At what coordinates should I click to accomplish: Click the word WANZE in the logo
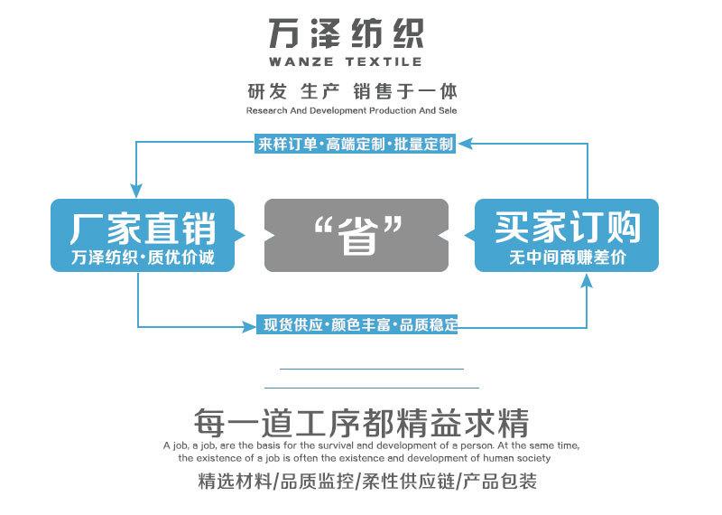[x=301, y=61]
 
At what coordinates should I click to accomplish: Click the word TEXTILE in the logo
[x=384, y=61]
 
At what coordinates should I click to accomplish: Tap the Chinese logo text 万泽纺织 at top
[x=347, y=33]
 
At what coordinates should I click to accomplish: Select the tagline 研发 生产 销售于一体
[x=352, y=91]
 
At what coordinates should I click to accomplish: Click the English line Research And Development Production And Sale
[x=351, y=110]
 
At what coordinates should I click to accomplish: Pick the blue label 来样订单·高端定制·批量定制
[x=356, y=144]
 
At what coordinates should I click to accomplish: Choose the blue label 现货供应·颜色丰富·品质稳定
[x=357, y=324]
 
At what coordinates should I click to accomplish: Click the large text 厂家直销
[x=143, y=229]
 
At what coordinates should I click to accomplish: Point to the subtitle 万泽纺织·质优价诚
[x=143, y=257]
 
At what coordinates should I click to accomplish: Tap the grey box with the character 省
[x=356, y=235]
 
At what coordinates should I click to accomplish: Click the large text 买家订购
[x=568, y=228]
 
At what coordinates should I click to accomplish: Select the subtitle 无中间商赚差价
[x=568, y=257]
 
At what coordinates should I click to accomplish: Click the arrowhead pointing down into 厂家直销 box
[x=136, y=191]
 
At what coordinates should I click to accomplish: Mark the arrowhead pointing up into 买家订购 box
[x=586, y=280]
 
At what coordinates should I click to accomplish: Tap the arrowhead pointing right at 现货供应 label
[x=249, y=327]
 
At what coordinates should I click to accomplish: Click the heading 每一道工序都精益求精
[x=362, y=422]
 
